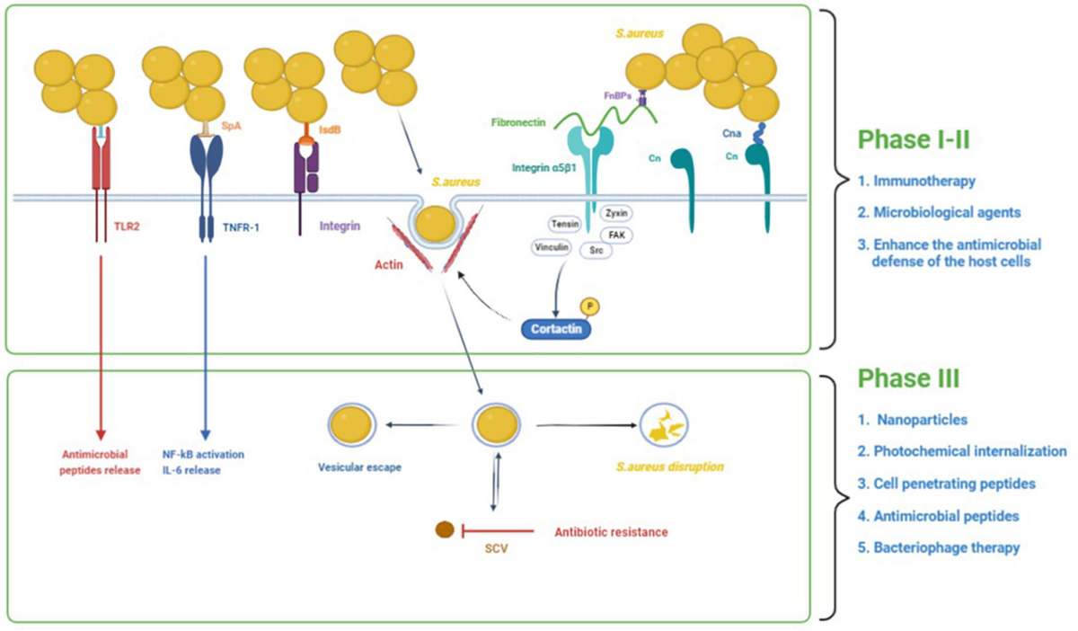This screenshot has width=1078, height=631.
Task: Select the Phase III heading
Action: [x=907, y=377]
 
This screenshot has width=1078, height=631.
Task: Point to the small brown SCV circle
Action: [x=444, y=529]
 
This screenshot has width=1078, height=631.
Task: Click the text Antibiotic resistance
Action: [x=611, y=531]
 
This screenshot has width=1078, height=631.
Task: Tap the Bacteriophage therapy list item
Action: [x=946, y=547]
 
